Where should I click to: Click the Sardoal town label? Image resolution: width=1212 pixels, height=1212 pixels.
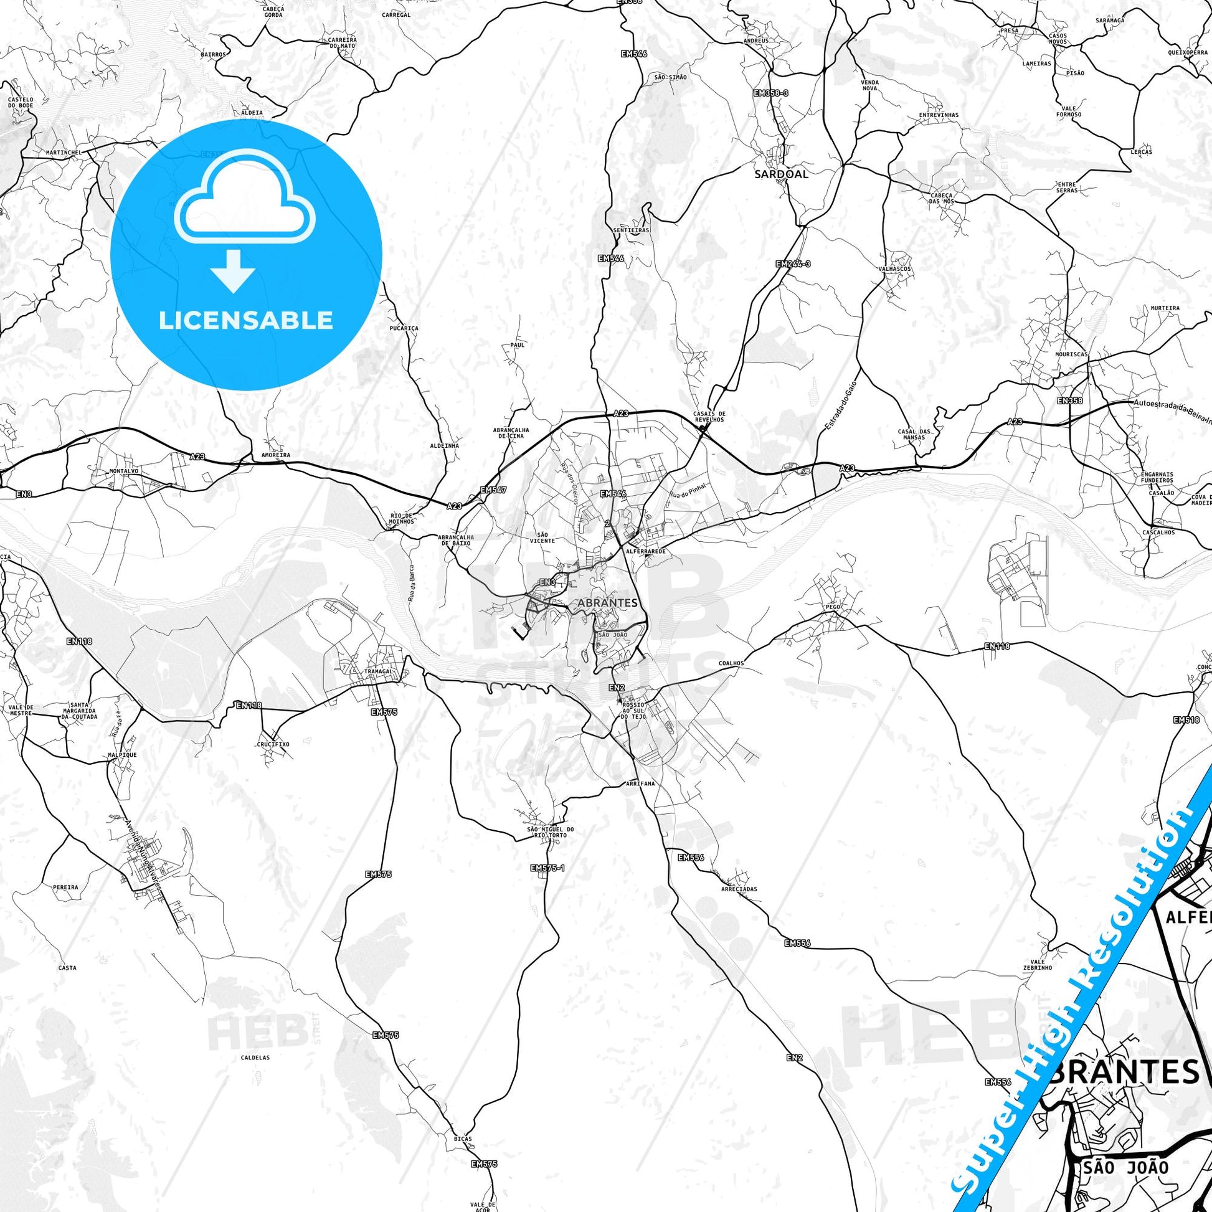coord(781,174)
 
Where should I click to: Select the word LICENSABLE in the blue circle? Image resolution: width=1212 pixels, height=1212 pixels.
coord(246,321)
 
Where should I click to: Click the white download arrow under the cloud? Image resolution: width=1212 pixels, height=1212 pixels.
coord(233,270)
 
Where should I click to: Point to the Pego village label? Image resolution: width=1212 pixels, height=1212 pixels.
coord(833,607)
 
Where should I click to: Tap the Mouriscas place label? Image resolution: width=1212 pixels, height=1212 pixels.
coord(1071,354)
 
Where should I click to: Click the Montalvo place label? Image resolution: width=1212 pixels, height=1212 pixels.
coord(123,470)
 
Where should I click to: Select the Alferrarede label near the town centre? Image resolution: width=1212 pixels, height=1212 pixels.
coord(645,551)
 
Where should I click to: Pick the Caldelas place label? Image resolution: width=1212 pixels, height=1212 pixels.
coord(255,1057)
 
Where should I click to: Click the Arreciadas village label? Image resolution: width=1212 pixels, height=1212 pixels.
coord(739,889)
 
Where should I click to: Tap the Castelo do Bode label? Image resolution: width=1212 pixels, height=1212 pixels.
coord(21,102)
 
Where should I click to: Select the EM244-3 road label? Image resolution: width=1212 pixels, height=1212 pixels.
coord(793,264)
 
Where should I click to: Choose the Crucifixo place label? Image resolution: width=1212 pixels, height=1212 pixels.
coord(273,744)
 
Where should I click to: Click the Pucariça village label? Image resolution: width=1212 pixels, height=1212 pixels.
coord(404,328)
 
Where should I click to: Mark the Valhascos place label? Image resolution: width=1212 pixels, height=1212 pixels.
coord(895,268)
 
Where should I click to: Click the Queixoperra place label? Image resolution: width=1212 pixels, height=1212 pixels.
coord(1188,53)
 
